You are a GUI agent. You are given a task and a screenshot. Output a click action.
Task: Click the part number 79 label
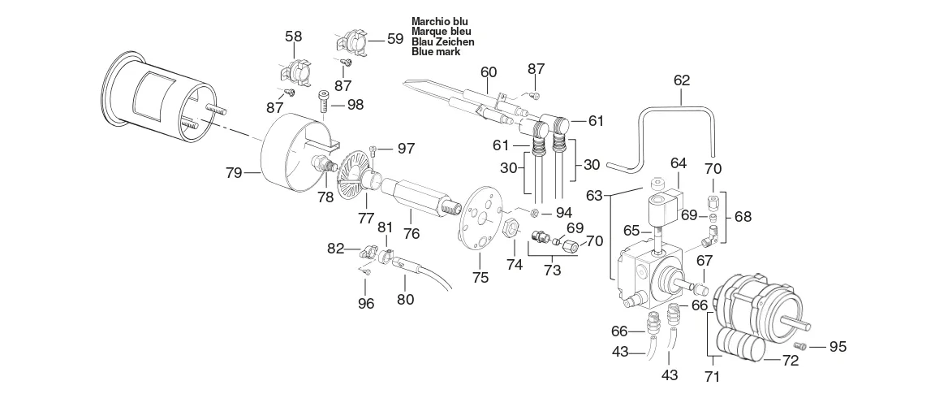[234, 173]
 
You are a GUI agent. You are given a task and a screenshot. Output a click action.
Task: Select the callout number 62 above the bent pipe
[682, 80]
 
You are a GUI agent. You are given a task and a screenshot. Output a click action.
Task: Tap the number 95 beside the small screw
[838, 347]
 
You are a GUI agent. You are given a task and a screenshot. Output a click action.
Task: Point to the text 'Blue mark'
[436, 52]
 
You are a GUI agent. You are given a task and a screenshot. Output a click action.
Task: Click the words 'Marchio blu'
[439, 21]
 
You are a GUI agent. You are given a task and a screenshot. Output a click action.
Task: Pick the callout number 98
[355, 105]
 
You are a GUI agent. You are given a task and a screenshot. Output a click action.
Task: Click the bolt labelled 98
[323, 102]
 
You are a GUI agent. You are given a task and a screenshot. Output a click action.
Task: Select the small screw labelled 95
[801, 345]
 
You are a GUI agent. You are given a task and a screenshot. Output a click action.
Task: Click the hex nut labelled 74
[511, 229]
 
